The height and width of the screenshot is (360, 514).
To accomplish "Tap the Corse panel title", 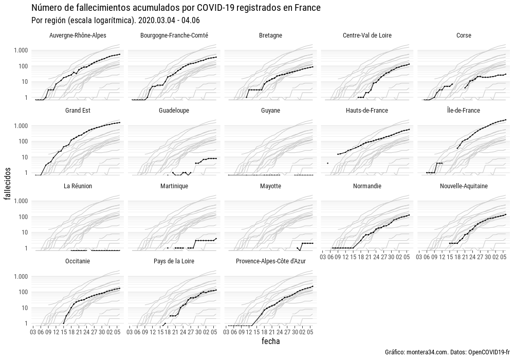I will click(464, 35).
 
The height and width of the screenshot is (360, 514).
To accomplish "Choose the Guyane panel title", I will click(270, 111).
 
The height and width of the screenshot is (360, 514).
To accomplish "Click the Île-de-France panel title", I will click(464, 111).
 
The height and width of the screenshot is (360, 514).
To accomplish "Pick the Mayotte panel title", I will click(270, 186).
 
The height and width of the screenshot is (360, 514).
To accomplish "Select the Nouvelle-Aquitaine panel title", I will click(464, 186).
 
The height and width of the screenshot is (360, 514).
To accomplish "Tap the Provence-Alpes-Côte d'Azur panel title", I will click(270, 261).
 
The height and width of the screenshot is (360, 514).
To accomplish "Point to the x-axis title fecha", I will click(270, 341).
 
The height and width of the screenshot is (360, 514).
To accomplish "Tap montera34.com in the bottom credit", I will click(423, 352).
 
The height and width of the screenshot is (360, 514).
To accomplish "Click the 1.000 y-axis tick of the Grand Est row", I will click(20, 126).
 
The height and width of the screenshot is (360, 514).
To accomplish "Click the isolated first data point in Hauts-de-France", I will click(327, 163).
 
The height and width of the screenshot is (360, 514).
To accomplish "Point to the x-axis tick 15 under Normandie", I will click(353, 256).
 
